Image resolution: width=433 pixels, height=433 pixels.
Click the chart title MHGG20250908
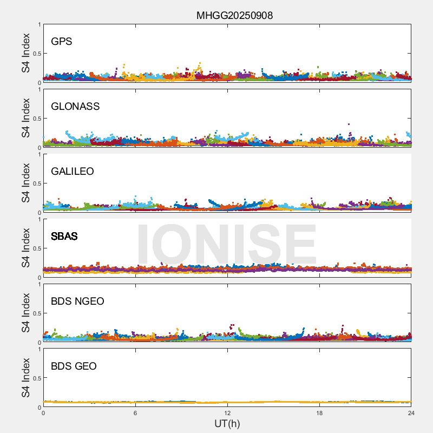click(x=234, y=15)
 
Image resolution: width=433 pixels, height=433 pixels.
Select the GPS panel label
click(x=61, y=41)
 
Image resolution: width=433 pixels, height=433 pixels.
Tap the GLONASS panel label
click(x=75, y=106)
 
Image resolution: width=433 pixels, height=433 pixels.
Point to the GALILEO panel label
click(x=73, y=171)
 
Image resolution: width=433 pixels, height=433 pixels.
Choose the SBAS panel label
click(x=64, y=236)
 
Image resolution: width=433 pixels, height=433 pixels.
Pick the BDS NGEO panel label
click(x=77, y=301)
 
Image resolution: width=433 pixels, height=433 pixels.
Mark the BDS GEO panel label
click(x=74, y=366)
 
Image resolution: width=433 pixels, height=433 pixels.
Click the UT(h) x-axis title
click(x=227, y=423)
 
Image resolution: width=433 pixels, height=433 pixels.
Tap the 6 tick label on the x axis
click(x=135, y=413)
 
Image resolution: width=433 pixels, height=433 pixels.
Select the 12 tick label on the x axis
click(x=227, y=413)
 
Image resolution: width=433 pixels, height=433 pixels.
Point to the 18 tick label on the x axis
click(x=319, y=413)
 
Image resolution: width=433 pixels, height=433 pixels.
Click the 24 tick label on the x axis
click(x=411, y=413)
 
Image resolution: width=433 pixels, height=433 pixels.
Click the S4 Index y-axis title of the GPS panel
click(x=26, y=53)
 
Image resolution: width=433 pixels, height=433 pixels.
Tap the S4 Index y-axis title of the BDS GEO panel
click(x=26, y=378)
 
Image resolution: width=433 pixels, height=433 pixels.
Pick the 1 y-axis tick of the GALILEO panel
click(x=40, y=155)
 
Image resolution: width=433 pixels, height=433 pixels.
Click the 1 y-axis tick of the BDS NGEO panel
click(x=40, y=285)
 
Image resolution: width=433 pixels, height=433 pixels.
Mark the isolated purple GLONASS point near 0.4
click(x=349, y=124)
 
